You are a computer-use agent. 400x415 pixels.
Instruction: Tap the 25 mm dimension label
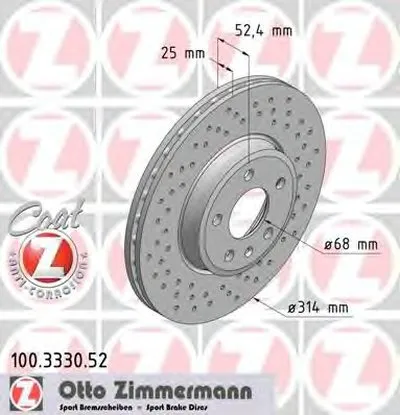(x=177, y=51)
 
